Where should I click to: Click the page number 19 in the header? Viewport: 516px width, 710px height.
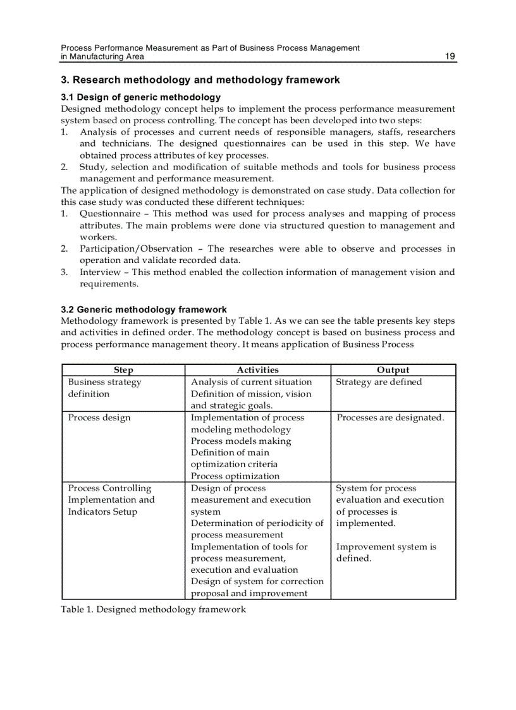tap(450, 56)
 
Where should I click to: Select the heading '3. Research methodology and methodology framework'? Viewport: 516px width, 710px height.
tap(200, 80)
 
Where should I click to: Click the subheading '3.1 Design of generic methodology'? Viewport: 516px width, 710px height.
tap(140, 97)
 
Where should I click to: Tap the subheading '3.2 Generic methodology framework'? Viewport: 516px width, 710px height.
tap(144, 310)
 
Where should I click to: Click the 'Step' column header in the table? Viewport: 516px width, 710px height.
tap(123, 370)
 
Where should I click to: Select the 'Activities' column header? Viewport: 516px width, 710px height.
tap(257, 370)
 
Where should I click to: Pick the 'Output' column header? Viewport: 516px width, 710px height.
tap(393, 370)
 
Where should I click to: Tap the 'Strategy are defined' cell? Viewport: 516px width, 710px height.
tap(379, 382)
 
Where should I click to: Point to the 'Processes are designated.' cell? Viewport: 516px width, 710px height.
tap(390, 418)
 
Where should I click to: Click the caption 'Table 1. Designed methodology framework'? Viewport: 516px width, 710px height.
tap(153, 609)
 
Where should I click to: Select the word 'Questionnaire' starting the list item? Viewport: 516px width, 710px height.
tap(110, 214)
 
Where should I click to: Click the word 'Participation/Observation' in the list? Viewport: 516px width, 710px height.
tap(136, 248)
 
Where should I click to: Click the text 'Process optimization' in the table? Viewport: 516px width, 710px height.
tap(235, 476)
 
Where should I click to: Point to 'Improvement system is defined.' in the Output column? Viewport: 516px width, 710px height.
tap(386, 553)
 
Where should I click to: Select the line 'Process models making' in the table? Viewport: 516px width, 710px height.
tap(241, 441)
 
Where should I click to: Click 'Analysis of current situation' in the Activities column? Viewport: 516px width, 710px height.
tap(251, 382)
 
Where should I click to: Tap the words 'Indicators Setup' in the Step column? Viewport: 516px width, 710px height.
tap(102, 511)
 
